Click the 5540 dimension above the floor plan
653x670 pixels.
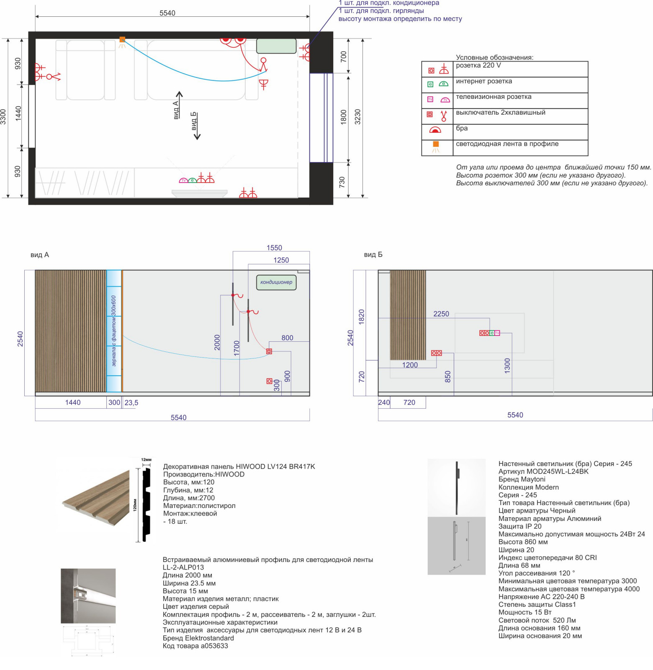[167, 13]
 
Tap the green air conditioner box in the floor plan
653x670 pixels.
[276, 46]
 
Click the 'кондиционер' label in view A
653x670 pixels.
[276, 282]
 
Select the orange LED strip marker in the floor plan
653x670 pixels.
[122, 39]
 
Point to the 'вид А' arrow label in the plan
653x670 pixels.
[176, 110]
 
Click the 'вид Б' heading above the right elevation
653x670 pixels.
[373, 255]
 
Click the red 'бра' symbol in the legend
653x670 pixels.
[435, 130]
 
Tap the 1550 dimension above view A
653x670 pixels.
[274, 248]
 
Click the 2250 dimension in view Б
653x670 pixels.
[441, 314]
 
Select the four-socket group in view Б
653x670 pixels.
[489, 333]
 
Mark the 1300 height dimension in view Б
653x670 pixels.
[507, 366]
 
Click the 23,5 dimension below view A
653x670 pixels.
[131, 403]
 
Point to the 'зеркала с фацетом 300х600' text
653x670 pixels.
[114, 331]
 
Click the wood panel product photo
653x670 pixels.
[96, 498]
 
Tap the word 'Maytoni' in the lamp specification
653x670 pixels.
[533, 479]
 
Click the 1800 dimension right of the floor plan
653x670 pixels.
[344, 117]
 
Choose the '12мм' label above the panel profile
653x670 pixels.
[146, 460]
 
